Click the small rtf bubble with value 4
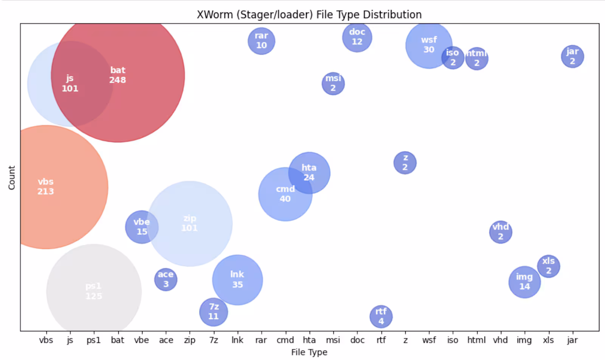click(x=381, y=316)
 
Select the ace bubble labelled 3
click(x=166, y=279)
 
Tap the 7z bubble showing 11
click(x=214, y=312)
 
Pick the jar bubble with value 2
click(x=572, y=56)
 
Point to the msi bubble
click(x=333, y=84)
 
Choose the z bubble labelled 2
click(x=405, y=163)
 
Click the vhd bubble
click(x=501, y=232)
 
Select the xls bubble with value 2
click(x=548, y=266)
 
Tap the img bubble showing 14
click(x=524, y=282)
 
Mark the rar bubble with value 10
click(x=261, y=41)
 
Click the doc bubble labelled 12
click(x=357, y=37)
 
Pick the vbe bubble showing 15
click(x=142, y=227)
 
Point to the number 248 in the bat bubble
click(x=118, y=80)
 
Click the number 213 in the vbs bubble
click(x=45, y=192)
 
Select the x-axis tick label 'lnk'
click(x=237, y=340)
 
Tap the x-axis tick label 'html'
click(x=476, y=340)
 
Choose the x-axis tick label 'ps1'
click(x=93, y=340)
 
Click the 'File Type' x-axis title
click(x=309, y=352)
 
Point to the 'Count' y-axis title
click(x=12, y=177)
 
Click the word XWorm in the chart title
click(x=214, y=15)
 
